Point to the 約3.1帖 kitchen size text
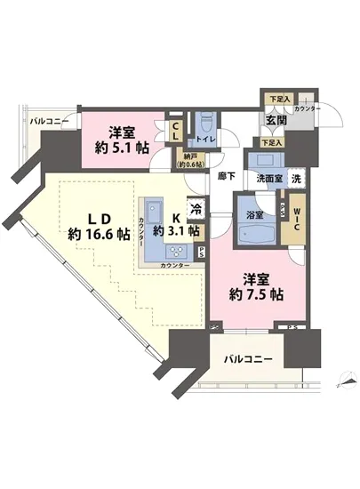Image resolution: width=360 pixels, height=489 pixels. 172,232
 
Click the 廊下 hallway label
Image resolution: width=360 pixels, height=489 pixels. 226,177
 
